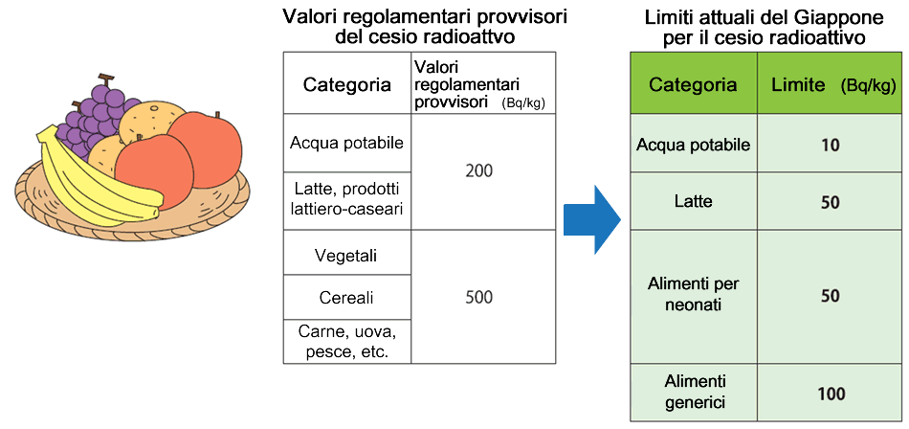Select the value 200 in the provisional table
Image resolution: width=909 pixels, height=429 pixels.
[478, 171]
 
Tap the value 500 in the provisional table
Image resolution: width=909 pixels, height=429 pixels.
[478, 297]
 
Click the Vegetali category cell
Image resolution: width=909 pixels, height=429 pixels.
[346, 256]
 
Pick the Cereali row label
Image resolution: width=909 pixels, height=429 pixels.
[346, 297]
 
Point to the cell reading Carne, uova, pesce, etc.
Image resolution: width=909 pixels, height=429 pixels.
[346, 342]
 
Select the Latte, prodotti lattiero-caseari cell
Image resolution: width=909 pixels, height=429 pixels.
[346, 199]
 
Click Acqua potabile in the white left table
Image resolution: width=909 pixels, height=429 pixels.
[346, 142]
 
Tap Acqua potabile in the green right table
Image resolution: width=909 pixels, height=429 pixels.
[693, 145]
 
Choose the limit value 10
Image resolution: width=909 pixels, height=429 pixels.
[830, 146]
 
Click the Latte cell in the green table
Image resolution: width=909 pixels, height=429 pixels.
[693, 202]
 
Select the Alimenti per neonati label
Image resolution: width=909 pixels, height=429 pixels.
[693, 295]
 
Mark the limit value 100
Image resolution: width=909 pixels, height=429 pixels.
[830, 393]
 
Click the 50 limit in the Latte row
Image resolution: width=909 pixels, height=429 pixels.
[830, 202]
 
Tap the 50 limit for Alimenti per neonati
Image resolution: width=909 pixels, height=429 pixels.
[830, 295]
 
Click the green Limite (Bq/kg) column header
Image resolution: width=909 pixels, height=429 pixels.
[830, 84]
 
